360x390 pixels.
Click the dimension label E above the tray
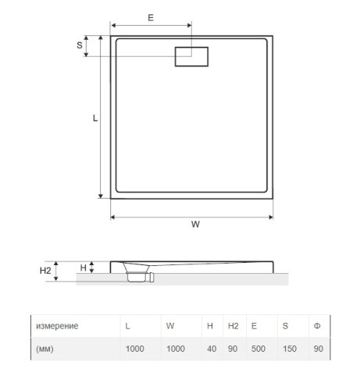[150, 16]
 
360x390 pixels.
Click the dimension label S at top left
[80, 45]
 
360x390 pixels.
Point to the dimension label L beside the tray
[94, 118]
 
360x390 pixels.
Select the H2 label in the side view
[45, 271]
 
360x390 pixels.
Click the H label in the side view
[84, 267]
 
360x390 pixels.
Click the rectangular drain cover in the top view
[192, 57]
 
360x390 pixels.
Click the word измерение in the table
[56, 325]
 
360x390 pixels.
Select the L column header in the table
[127, 325]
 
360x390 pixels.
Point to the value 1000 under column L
[136, 349]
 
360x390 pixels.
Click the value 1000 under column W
[177, 349]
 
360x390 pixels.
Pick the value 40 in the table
[212, 349]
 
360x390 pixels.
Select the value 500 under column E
[258, 349]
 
